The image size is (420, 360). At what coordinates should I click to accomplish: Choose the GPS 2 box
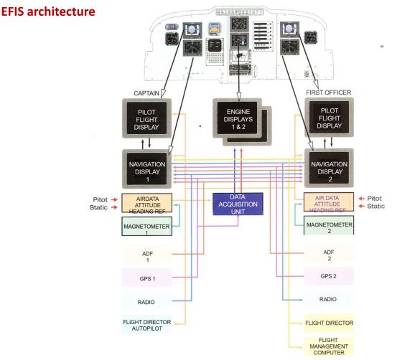click(328, 277)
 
